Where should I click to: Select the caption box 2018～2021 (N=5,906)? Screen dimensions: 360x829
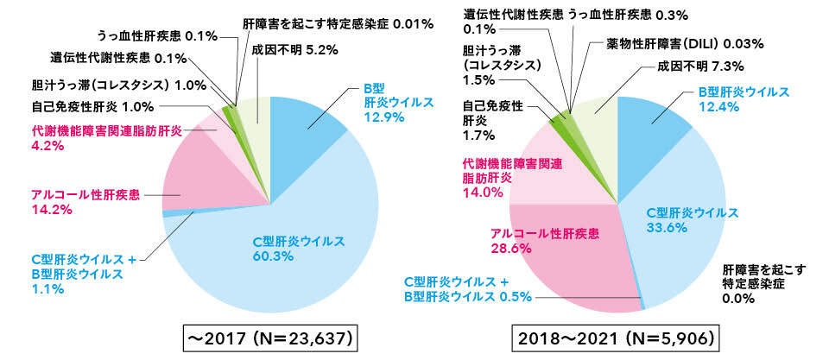coord(616,336)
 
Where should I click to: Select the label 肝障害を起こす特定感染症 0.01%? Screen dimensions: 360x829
coord(338,24)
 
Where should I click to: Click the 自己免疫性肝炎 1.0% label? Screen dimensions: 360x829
coord(81,107)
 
